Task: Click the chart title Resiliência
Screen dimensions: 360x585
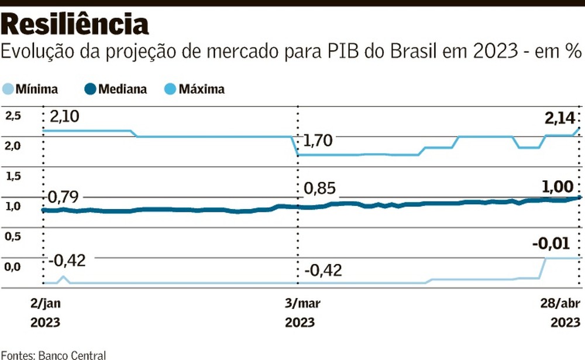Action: [75, 24]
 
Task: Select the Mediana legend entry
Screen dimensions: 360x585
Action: [116, 90]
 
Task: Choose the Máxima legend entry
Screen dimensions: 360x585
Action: [195, 90]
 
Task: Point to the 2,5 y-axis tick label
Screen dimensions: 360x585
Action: [13, 116]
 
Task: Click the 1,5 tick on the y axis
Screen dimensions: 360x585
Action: [13, 176]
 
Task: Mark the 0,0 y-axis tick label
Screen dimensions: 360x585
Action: [13, 267]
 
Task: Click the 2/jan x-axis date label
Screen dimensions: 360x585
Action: [45, 303]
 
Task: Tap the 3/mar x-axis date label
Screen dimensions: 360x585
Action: [298, 303]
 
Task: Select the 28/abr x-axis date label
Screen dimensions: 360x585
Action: [559, 303]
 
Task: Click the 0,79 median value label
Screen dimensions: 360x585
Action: [66, 197]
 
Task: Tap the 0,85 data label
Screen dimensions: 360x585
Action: [320, 190]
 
